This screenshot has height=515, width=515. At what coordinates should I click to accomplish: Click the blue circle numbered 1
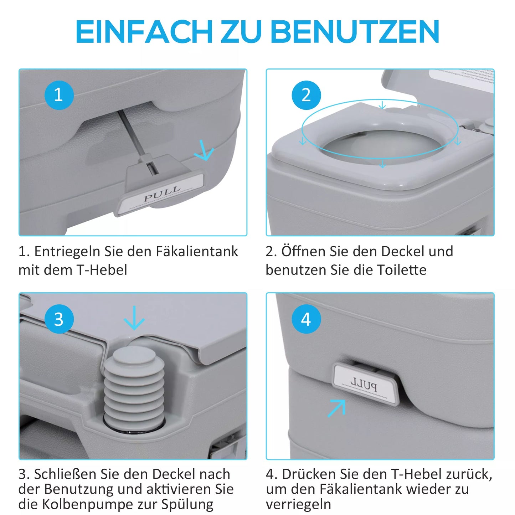tap(59, 95)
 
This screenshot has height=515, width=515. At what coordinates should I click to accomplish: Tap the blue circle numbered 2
tap(306, 95)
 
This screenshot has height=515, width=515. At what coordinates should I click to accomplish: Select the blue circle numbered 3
tap(59, 319)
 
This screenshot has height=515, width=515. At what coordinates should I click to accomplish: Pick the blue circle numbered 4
tap(306, 319)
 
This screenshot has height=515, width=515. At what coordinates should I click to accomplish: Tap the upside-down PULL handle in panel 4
tap(365, 383)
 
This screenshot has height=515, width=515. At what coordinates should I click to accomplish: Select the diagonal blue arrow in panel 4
tap(337, 408)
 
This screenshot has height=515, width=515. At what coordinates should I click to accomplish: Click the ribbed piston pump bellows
tap(134, 387)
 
